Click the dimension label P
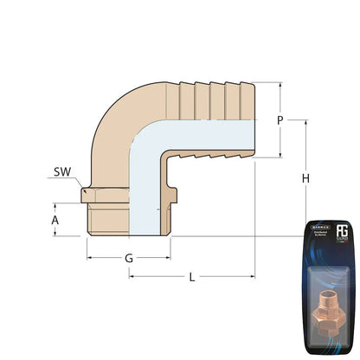(280, 121)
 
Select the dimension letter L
(191, 277)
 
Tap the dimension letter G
(128, 258)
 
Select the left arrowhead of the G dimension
(89, 258)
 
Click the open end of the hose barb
(254, 121)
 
